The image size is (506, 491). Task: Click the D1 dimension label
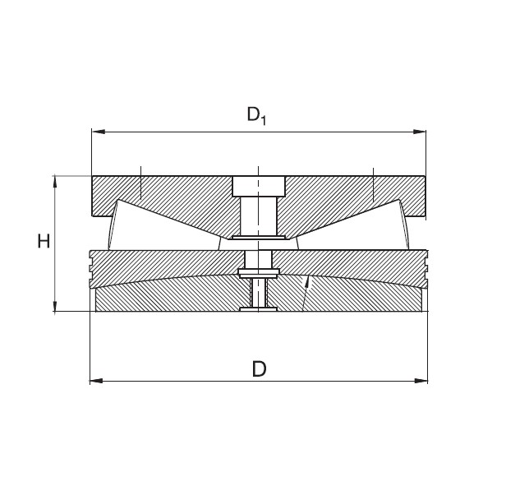coord(256,115)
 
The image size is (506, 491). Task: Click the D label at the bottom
coord(259,369)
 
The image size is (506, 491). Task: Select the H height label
coord(44,241)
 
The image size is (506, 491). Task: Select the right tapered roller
coord(406,223)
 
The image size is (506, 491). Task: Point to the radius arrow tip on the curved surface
coord(307,280)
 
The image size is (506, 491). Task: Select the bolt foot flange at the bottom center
coord(257,309)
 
